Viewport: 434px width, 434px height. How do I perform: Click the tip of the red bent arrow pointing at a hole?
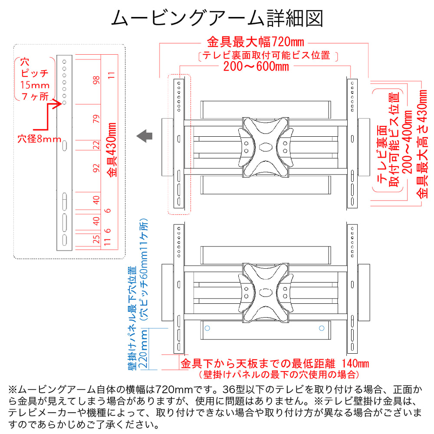pos(62,104)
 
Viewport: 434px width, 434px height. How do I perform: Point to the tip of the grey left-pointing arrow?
pos(137,136)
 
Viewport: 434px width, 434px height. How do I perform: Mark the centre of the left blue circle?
pos(207,328)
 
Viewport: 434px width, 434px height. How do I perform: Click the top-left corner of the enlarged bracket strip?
pos(57,55)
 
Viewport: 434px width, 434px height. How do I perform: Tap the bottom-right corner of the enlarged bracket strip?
pos(72,250)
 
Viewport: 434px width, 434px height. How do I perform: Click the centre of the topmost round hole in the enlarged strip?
pos(64,62)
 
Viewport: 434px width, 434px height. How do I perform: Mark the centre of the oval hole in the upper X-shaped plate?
pos(266,147)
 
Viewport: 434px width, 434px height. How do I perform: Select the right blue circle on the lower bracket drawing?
pos(322,328)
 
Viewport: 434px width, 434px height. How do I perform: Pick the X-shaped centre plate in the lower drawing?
pos(266,293)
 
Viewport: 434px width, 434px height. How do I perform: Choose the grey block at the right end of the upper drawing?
pos(364,147)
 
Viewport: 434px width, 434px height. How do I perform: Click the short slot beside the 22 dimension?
pos(65,145)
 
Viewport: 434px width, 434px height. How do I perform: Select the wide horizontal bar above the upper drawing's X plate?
pos(266,110)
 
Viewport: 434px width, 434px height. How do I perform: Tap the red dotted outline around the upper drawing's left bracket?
pos(179,144)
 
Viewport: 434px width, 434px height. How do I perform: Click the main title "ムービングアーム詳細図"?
pos(217,18)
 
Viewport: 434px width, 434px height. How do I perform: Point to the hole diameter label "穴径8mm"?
pos(39,139)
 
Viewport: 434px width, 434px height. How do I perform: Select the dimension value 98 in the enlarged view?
pos(96,80)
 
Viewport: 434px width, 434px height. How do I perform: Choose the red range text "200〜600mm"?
pos(256,66)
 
